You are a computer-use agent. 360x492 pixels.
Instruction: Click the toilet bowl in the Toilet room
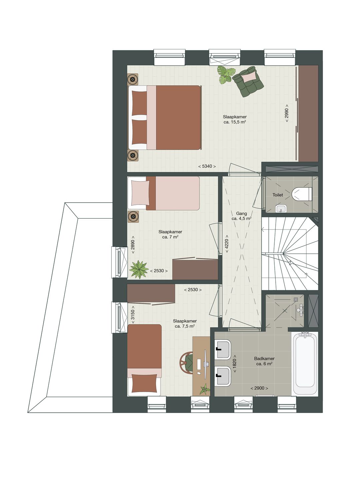(302, 194)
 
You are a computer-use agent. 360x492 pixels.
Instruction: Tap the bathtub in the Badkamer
(305, 364)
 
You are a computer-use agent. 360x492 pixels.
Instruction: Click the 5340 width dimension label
(207, 166)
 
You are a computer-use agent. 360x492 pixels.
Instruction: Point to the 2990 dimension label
(287, 113)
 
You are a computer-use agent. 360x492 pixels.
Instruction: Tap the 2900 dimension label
(259, 388)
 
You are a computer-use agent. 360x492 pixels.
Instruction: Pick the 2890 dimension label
(133, 245)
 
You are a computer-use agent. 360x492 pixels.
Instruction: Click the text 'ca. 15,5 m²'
(235, 122)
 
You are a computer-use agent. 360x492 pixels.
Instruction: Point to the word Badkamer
(264, 358)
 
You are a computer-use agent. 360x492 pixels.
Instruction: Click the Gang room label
(241, 214)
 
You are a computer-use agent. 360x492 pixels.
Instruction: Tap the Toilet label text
(278, 195)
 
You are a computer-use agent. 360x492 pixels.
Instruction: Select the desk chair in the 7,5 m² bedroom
(186, 362)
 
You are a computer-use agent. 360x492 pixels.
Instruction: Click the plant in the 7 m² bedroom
(139, 269)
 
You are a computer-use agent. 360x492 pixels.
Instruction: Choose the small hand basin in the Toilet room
(281, 209)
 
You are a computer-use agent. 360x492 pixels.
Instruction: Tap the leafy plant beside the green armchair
(226, 75)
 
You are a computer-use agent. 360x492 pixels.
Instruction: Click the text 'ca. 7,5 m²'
(185, 326)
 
